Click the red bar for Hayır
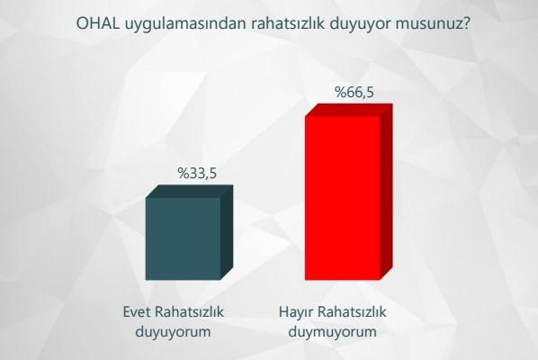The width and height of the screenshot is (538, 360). pos(342,198)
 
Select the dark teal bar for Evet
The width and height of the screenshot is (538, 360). pos(183,239)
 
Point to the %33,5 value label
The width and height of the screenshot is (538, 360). pos(197,173)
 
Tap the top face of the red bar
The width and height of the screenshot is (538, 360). pos(349,110)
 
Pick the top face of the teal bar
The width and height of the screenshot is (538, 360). pos(189,192)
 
